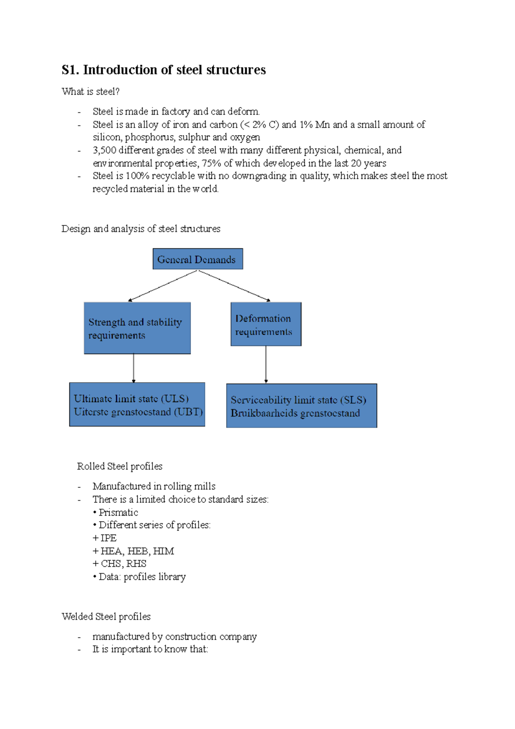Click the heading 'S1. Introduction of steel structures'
coord(164,70)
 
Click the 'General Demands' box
coord(197,259)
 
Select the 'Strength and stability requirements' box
coord(137,328)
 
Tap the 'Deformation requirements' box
coord(266,324)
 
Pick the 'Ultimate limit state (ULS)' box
coord(137,404)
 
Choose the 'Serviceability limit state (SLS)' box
coord(301,406)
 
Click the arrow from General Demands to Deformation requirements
coord(234,286)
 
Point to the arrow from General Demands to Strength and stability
coord(163,286)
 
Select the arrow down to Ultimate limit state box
coord(133,368)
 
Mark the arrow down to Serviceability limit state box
coord(266,364)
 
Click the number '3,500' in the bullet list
coord(104,150)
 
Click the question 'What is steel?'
coord(91,91)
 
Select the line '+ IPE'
coord(104,538)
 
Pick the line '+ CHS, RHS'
coord(119,564)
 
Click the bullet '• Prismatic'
coord(115,512)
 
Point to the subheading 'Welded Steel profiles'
coord(106,617)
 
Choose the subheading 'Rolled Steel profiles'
coord(120,466)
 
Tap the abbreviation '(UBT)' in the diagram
coord(188,412)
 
